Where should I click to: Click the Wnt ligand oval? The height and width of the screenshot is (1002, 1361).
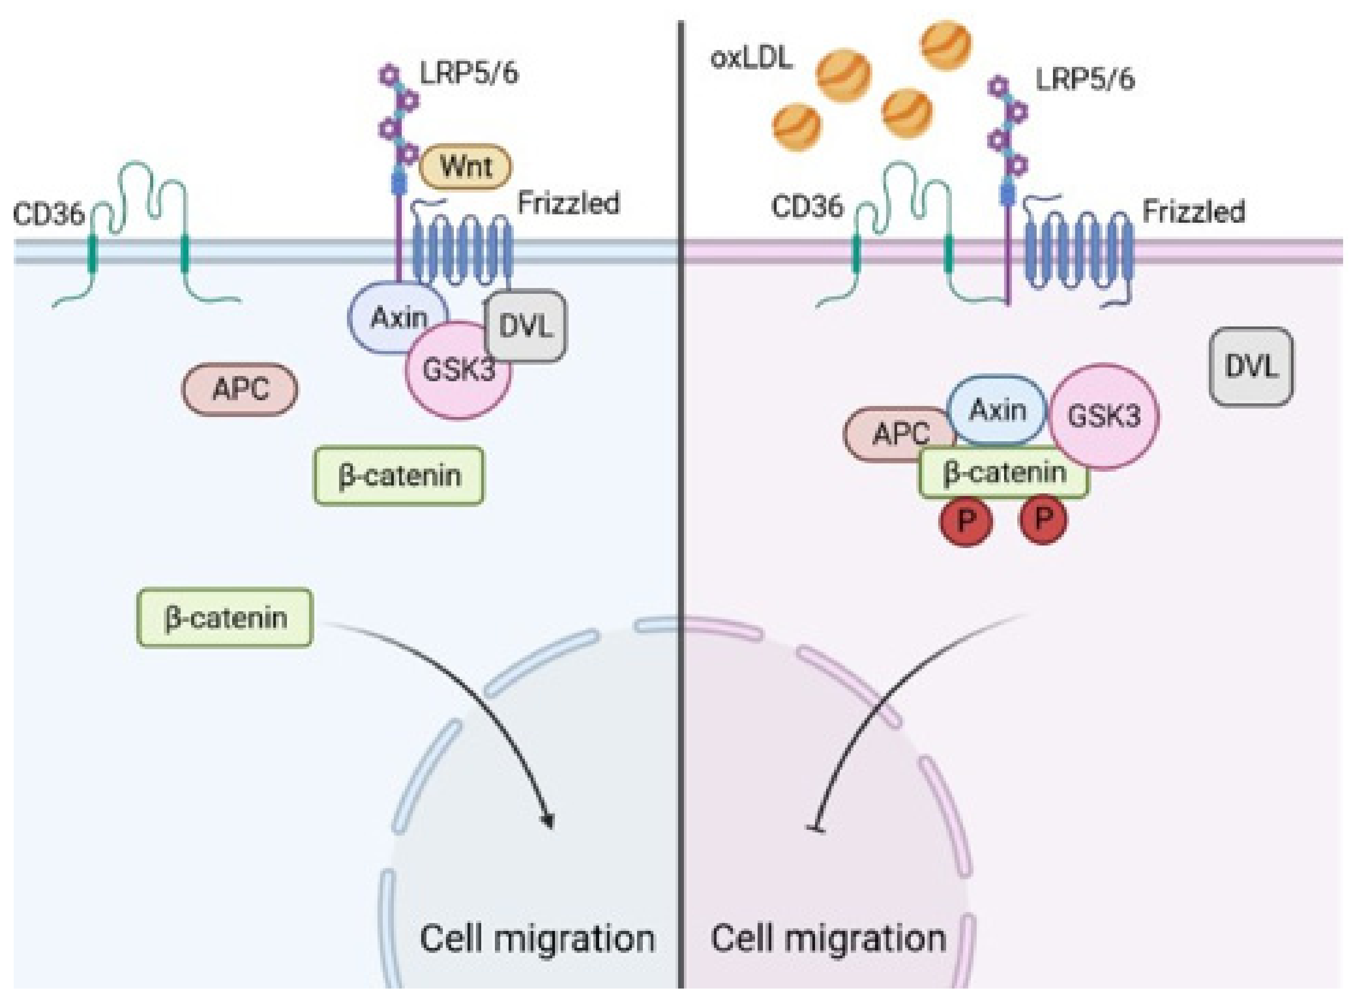(465, 166)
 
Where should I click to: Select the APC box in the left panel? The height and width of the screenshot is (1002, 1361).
(240, 390)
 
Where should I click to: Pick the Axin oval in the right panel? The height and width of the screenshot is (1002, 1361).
(997, 411)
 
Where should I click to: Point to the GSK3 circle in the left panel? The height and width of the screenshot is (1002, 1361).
(459, 370)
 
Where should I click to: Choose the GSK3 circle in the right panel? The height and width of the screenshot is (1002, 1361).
(1104, 416)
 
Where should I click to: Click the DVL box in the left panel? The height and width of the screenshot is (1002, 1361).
(526, 326)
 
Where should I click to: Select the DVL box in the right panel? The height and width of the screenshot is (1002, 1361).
(1250, 366)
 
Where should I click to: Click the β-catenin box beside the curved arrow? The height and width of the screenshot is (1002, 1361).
(225, 618)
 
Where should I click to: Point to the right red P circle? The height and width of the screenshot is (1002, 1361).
(1043, 519)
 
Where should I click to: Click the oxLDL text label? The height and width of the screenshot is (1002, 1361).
(751, 59)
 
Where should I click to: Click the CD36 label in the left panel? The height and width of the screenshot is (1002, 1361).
(48, 215)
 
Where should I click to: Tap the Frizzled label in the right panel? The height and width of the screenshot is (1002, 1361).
(1194, 212)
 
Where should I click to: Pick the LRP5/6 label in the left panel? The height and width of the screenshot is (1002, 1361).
(469, 73)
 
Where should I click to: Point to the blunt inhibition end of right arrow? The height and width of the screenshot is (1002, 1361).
(815, 829)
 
